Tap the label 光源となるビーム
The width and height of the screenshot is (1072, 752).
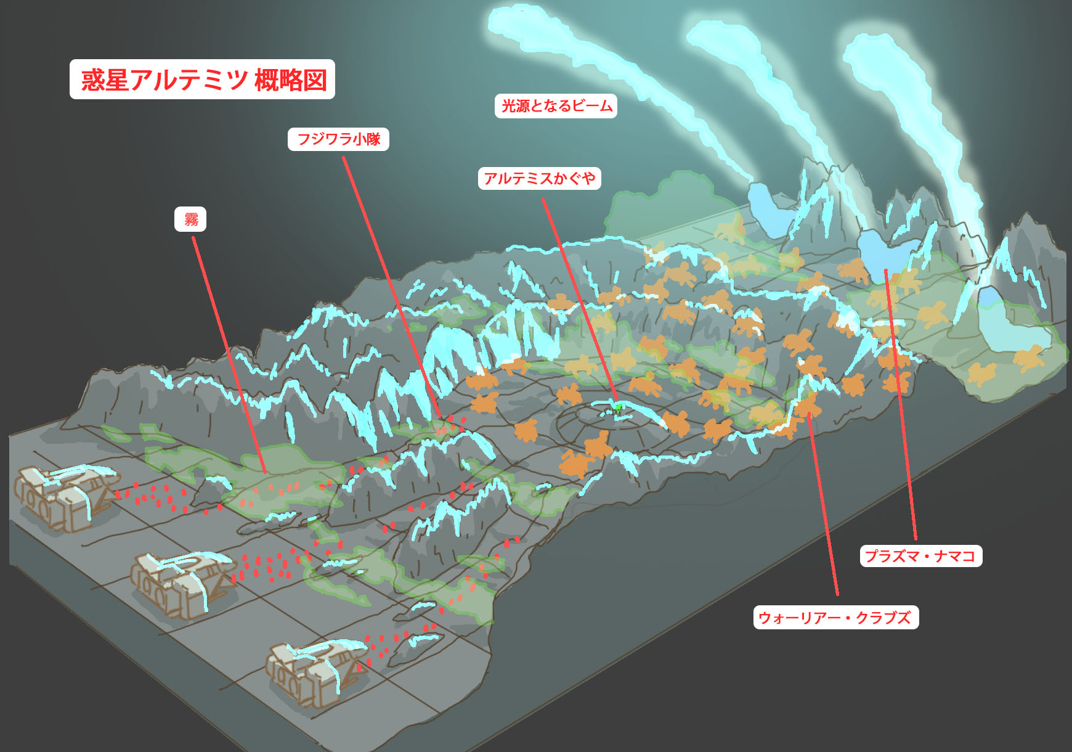click(556, 106)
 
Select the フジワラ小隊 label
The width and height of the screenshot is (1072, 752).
click(338, 139)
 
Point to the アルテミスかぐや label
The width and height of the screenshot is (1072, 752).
click(539, 178)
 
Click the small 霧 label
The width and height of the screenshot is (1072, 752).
click(190, 219)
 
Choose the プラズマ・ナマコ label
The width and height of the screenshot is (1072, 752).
click(920, 556)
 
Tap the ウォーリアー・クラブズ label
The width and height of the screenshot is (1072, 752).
click(835, 618)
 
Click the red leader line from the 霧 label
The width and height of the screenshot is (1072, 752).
click(228, 351)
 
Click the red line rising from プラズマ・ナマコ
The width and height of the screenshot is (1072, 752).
click(901, 407)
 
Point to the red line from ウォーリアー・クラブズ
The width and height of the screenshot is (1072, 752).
click(823, 505)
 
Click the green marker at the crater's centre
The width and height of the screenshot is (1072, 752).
click(618, 407)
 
